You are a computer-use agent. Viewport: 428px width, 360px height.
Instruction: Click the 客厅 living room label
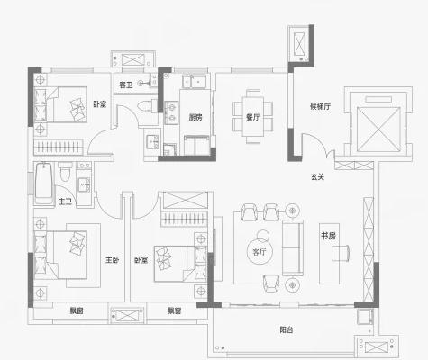[x=260, y=252]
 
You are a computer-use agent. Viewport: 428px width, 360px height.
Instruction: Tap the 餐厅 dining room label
[x=253, y=117]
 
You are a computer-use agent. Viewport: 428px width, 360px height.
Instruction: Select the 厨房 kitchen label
[x=196, y=117]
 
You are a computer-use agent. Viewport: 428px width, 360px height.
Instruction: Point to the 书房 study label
[x=328, y=236]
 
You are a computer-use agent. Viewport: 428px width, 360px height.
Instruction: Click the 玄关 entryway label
[x=317, y=177]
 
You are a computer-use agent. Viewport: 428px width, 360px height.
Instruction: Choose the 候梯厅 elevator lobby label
[x=320, y=106]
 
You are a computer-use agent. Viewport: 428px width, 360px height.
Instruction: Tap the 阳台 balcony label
[x=287, y=329]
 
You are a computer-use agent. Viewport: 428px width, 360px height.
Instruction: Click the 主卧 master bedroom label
[x=113, y=259]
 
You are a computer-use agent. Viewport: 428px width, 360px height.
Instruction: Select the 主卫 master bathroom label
[x=65, y=201]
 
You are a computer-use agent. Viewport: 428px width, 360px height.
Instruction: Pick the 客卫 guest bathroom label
[x=126, y=85]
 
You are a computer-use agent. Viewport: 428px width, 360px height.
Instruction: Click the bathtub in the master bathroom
[x=44, y=184]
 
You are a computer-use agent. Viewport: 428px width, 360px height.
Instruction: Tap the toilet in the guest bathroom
[x=145, y=106]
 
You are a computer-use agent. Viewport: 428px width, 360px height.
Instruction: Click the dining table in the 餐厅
[x=253, y=116]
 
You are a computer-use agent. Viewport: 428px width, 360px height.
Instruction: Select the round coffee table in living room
[x=260, y=251]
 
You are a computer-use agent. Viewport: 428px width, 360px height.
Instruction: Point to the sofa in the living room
[x=292, y=247]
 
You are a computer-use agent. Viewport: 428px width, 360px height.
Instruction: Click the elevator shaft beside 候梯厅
[x=378, y=129]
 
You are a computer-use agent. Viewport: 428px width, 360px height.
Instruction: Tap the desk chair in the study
[x=341, y=253]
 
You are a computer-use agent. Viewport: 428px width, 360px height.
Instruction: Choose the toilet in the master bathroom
[x=65, y=172]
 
